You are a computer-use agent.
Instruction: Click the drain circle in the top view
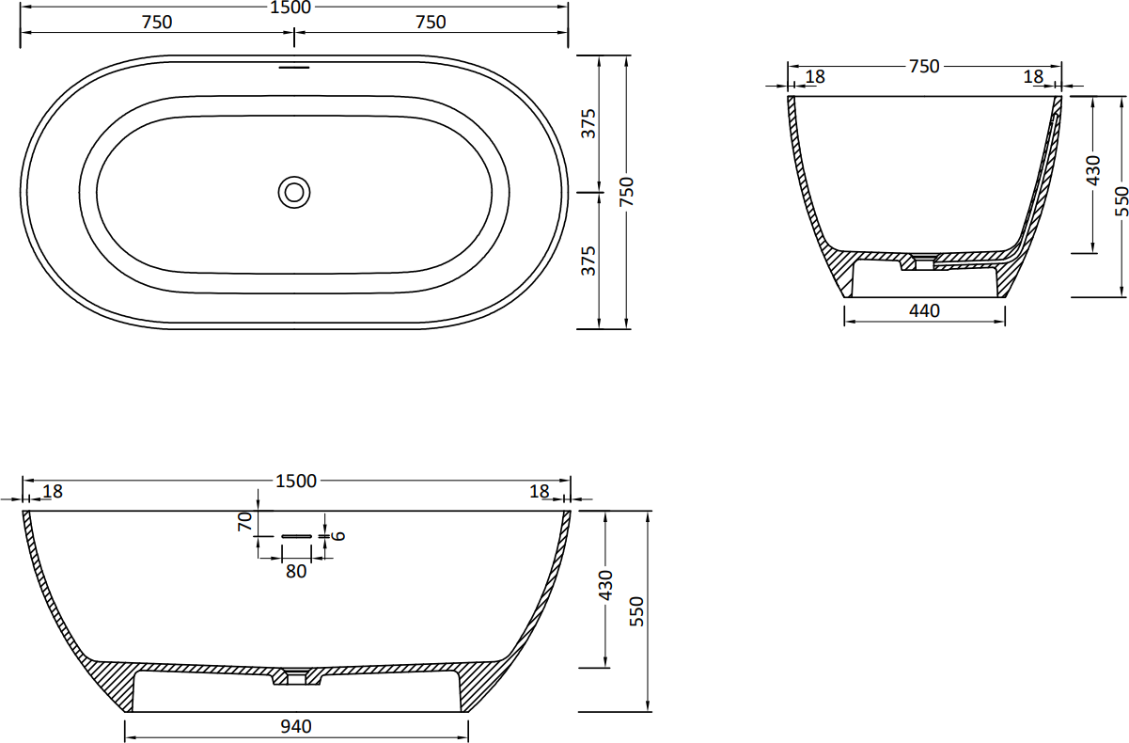pyautogui.click(x=294, y=192)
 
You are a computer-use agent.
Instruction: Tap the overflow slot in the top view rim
pyautogui.click(x=294, y=67)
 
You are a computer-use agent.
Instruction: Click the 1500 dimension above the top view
pyautogui.click(x=290, y=8)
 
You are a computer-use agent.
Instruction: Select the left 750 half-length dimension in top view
pyautogui.click(x=157, y=23)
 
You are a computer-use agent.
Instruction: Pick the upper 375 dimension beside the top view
pyautogui.click(x=588, y=123)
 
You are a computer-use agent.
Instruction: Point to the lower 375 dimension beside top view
pyautogui.click(x=588, y=261)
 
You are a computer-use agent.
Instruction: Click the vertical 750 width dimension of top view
pyautogui.click(x=626, y=192)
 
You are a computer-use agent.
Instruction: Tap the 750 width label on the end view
pyautogui.click(x=924, y=66)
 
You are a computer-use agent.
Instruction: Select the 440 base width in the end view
pyautogui.click(x=924, y=310)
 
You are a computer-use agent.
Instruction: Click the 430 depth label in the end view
pyautogui.click(x=1093, y=170)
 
